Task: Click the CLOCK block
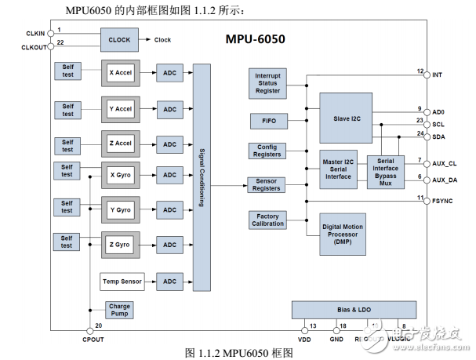(119, 39)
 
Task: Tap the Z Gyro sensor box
(120, 245)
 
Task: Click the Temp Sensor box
(122, 281)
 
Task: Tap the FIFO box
(268, 121)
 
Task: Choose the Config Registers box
(267, 151)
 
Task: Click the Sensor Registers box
(267, 185)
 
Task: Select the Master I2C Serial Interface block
(338, 170)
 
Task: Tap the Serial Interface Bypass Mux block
(386, 171)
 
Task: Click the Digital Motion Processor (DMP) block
(343, 233)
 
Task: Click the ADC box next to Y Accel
(169, 108)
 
